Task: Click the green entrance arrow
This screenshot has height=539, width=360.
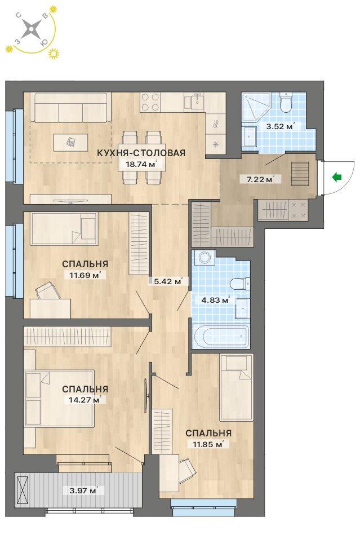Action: coord(337,178)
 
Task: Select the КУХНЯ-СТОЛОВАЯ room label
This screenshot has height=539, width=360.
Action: coord(141,153)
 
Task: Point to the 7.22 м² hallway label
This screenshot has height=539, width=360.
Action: coord(260,179)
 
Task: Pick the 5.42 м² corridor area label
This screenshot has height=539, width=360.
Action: coord(168,281)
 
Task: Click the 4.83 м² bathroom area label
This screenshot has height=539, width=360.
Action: coord(215,300)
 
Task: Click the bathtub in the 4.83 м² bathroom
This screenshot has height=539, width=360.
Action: coord(221,335)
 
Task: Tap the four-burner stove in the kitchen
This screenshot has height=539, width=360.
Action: coord(150,102)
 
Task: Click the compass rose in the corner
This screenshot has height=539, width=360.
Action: coord(31,28)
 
